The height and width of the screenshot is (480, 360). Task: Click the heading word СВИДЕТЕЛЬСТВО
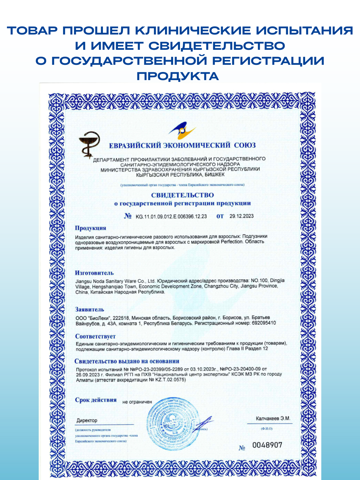coord(182,195)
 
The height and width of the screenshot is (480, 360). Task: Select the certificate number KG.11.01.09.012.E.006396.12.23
coord(171,216)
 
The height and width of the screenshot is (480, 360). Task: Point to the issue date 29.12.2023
coord(241,216)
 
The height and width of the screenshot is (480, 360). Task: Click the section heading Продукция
coord(90,228)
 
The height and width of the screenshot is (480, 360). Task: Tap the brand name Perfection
coord(231,242)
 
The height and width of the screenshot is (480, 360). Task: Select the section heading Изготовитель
coord(94,273)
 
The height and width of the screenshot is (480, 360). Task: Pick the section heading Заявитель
coord(89,310)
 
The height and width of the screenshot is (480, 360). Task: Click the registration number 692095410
coord(264,323)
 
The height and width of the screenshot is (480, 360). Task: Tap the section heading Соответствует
coord(95,336)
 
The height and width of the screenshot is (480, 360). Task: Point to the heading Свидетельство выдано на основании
coord(127,361)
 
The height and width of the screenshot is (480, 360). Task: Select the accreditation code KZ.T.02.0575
coord(170,380)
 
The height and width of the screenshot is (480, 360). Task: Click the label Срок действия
coord(96,400)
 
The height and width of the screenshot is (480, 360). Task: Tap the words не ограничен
coord(137,402)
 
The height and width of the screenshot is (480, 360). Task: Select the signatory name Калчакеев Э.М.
coord(273,418)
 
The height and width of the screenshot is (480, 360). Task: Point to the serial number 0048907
coord(267,445)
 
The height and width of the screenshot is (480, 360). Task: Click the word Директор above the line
coord(87,421)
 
